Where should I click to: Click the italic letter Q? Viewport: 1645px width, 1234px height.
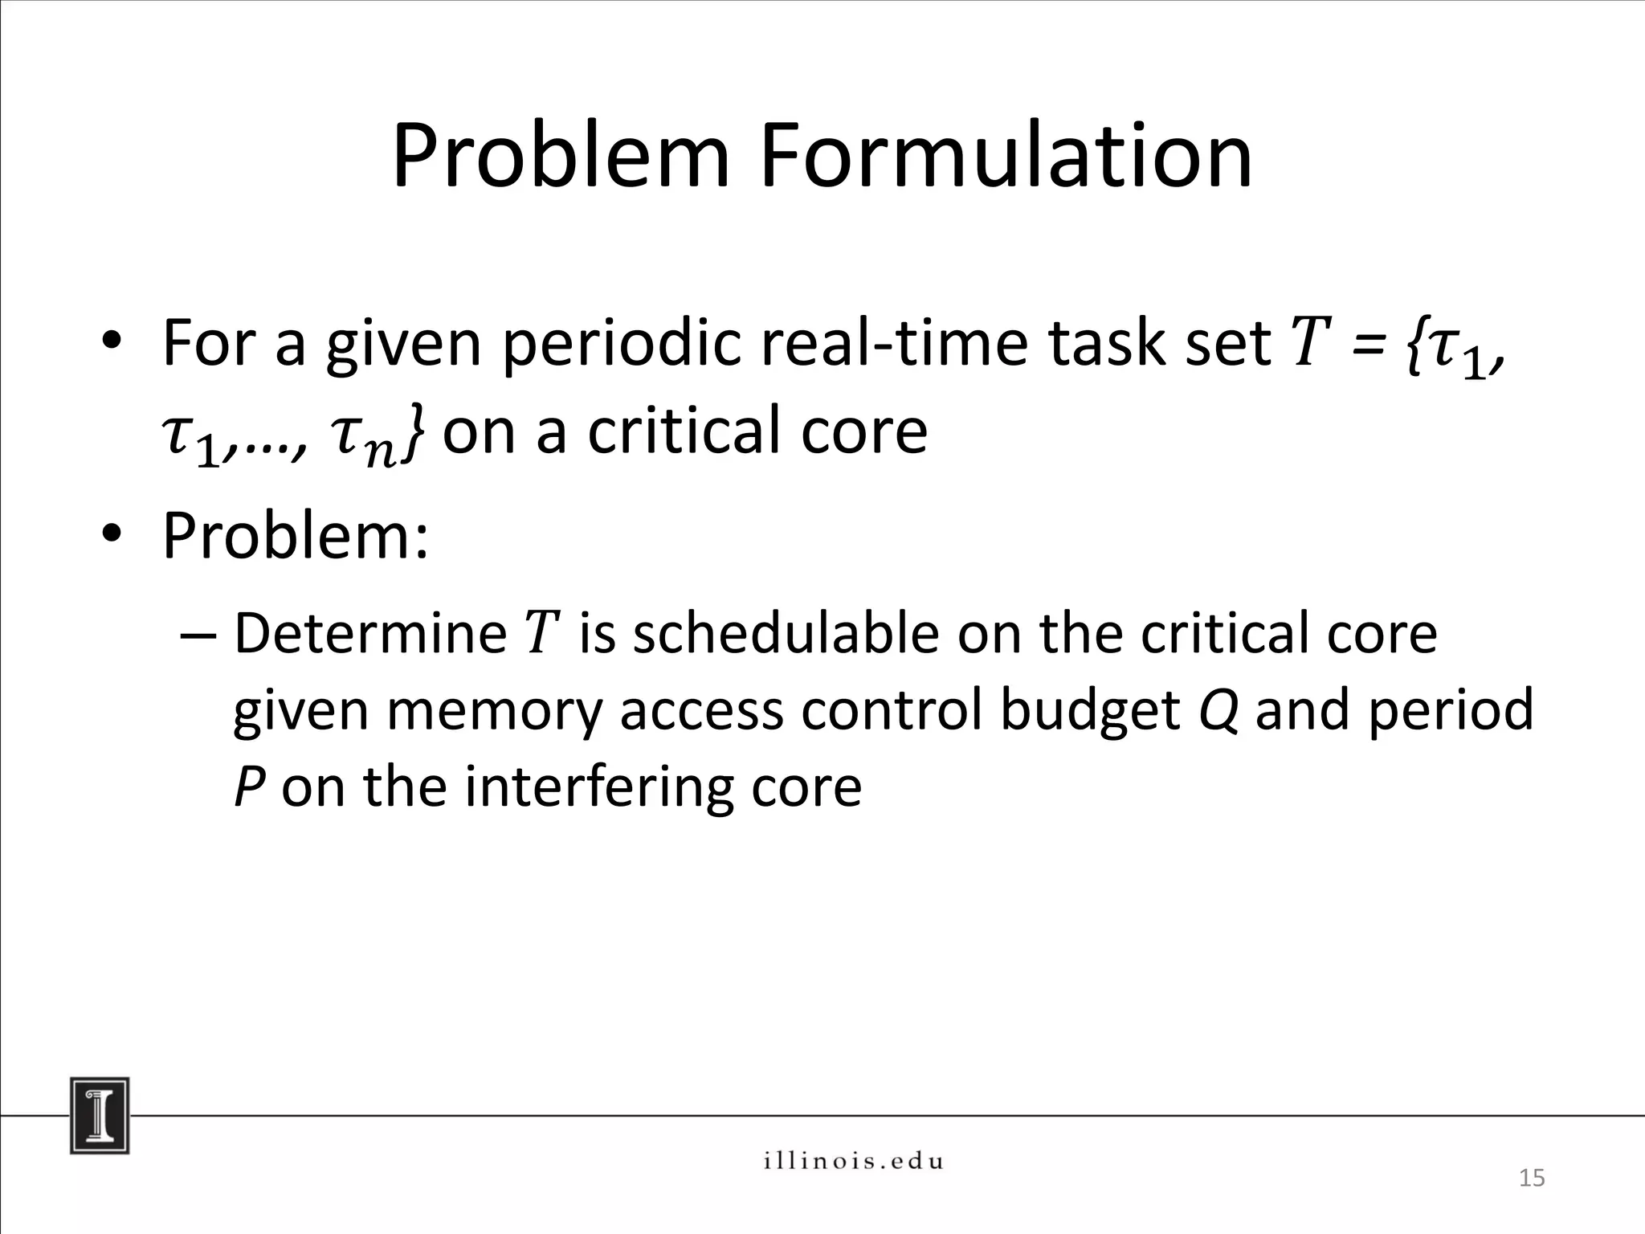[1217, 710]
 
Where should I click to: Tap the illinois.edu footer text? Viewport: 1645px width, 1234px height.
[853, 1161]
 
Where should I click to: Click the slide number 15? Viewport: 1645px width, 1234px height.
[1532, 1178]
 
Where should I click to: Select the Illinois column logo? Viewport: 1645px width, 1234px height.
[100, 1115]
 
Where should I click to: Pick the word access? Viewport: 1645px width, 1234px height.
[700, 712]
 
